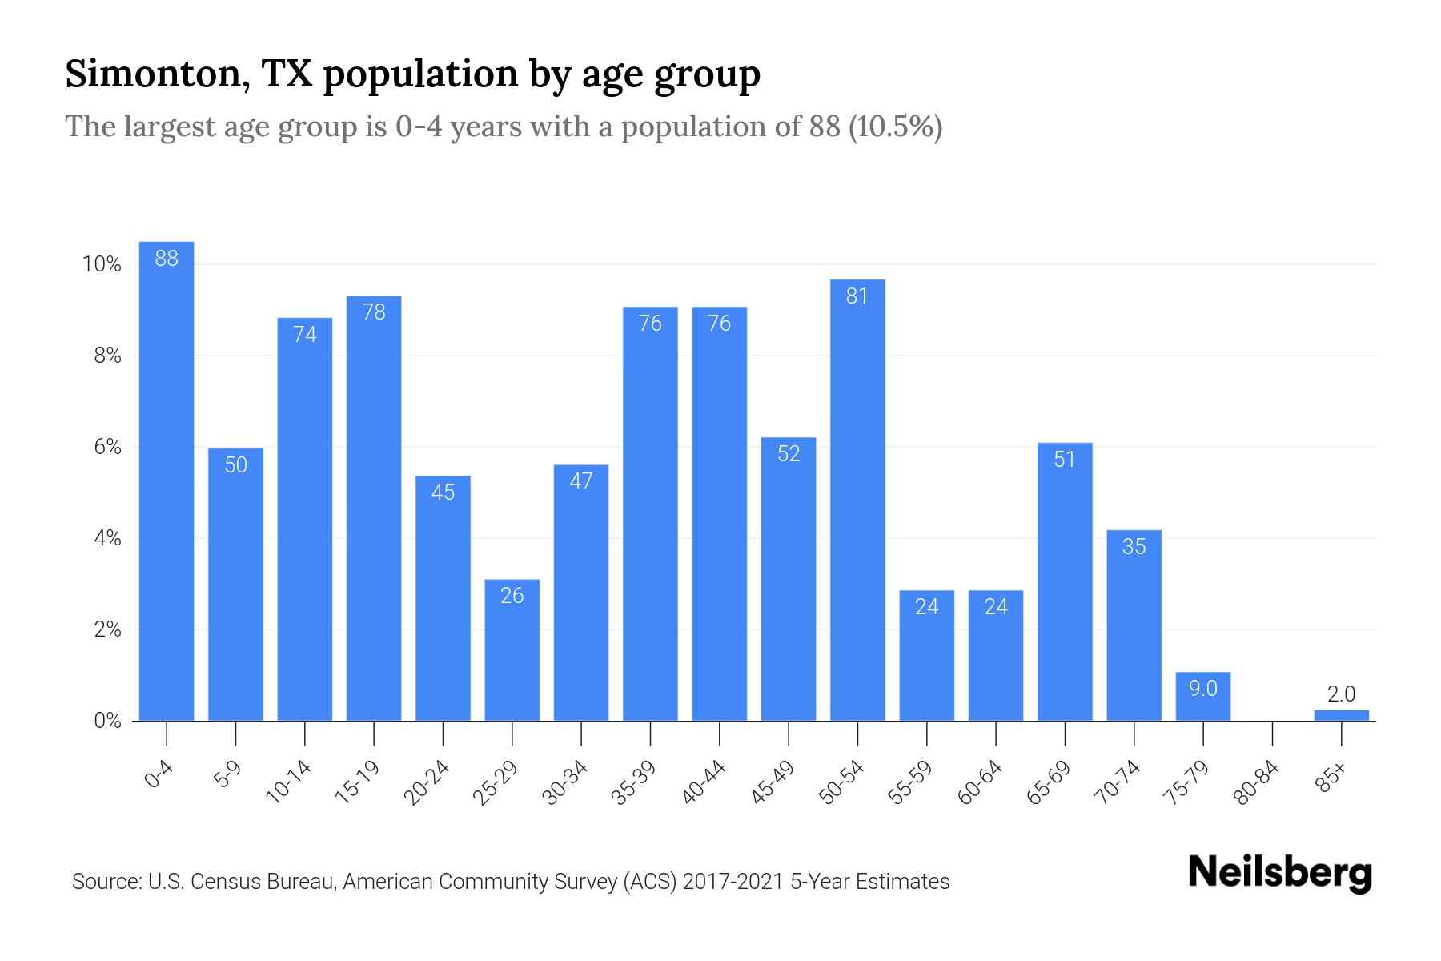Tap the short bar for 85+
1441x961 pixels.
pyautogui.click(x=1341, y=715)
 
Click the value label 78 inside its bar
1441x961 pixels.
pyautogui.click(x=374, y=312)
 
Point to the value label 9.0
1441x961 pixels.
pyautogui.click(x=1202, y=689)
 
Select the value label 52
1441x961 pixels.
pyautogui.click(x=789, y=454)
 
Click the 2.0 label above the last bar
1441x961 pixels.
pyautogui.click(x=1341, y=694)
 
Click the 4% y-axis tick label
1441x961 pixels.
pyautogui.click(x=107, y=539)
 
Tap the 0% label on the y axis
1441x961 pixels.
pyautogui.click(x=107, y=722)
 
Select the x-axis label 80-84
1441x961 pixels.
pyautogui.click(x=1257, y=782)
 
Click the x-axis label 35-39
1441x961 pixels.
pyautogui.click(x=634, y=782)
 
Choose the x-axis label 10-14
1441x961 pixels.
pyautogui.click(x=288, y=782)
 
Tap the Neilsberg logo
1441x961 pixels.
pyautogui.click(x=1279, y=873)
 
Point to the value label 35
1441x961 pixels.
pyautogui.click(x=1134, y=547)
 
